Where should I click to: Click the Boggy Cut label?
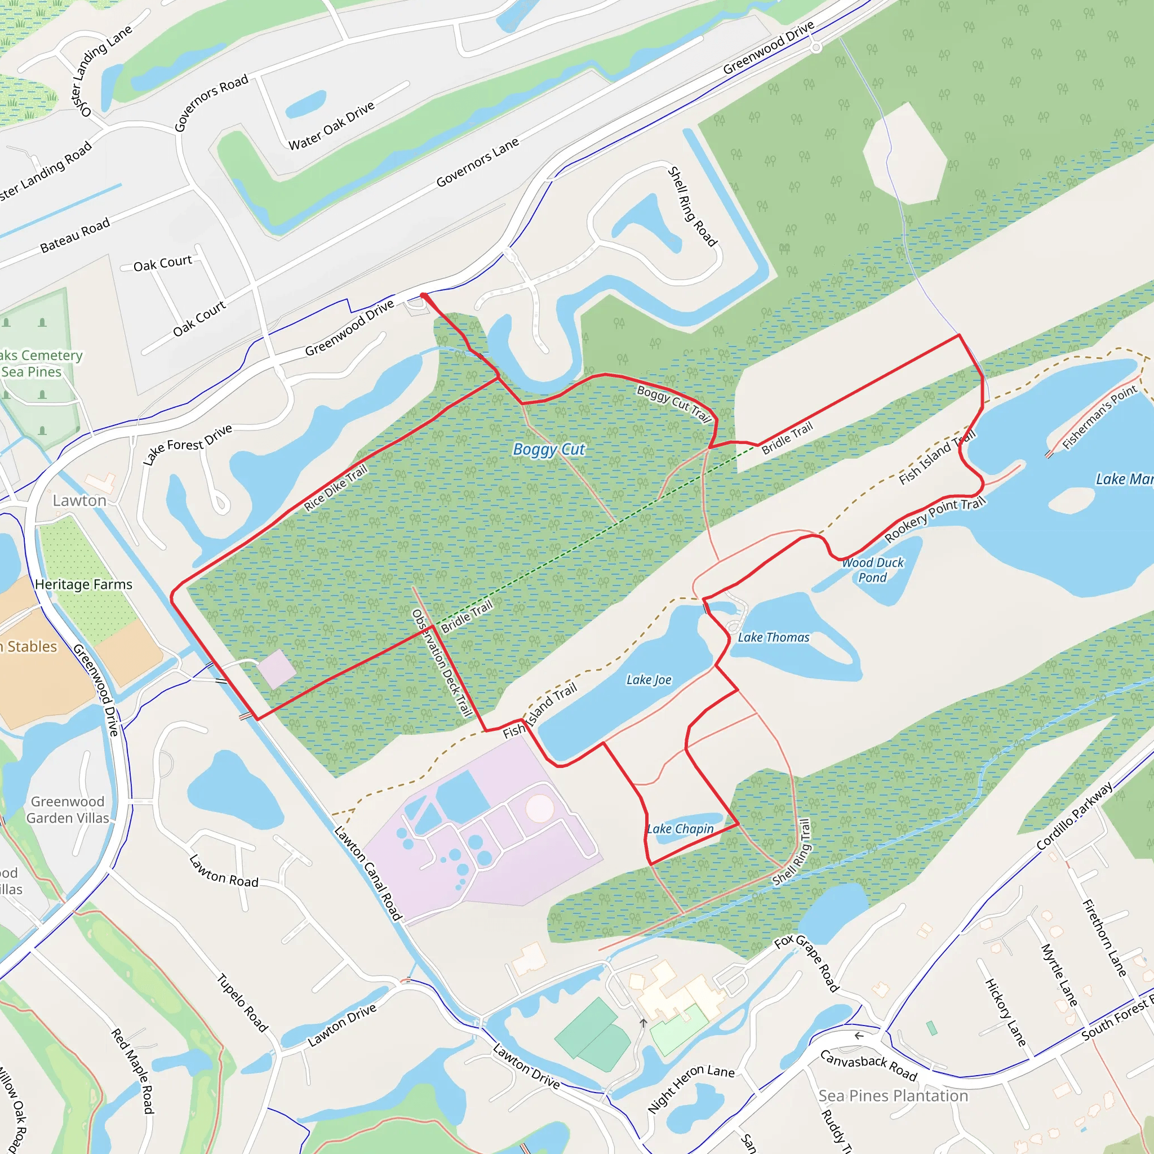tap(549, 449)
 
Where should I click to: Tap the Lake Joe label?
tap(649, 680)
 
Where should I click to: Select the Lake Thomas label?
tap(774, 637)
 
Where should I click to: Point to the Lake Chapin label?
tap(680, 828)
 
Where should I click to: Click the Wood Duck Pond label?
tap(873, 570)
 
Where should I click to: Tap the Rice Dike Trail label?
tap(336, 488)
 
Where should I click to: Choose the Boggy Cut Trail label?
tap(674, 403)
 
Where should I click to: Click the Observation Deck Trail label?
tap(442, 663)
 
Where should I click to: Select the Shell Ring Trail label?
tap(792, 853)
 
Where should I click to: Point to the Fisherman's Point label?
tap(1100, 416)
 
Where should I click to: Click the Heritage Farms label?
tap(83, 584)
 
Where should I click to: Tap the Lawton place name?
tap(79, 500)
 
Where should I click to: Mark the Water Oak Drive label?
tap(331, 126)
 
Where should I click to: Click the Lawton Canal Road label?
tap(368, 873)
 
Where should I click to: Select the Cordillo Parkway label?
tap(1074, 815)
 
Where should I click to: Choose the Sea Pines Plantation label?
tap(893, 1095)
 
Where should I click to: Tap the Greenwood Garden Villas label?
tap(68, 809)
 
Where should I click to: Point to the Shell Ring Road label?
tap(692, 207)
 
